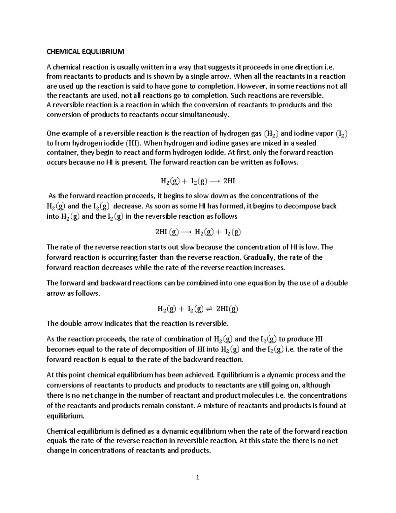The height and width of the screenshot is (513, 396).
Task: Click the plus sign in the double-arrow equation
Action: tap(181, 309)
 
